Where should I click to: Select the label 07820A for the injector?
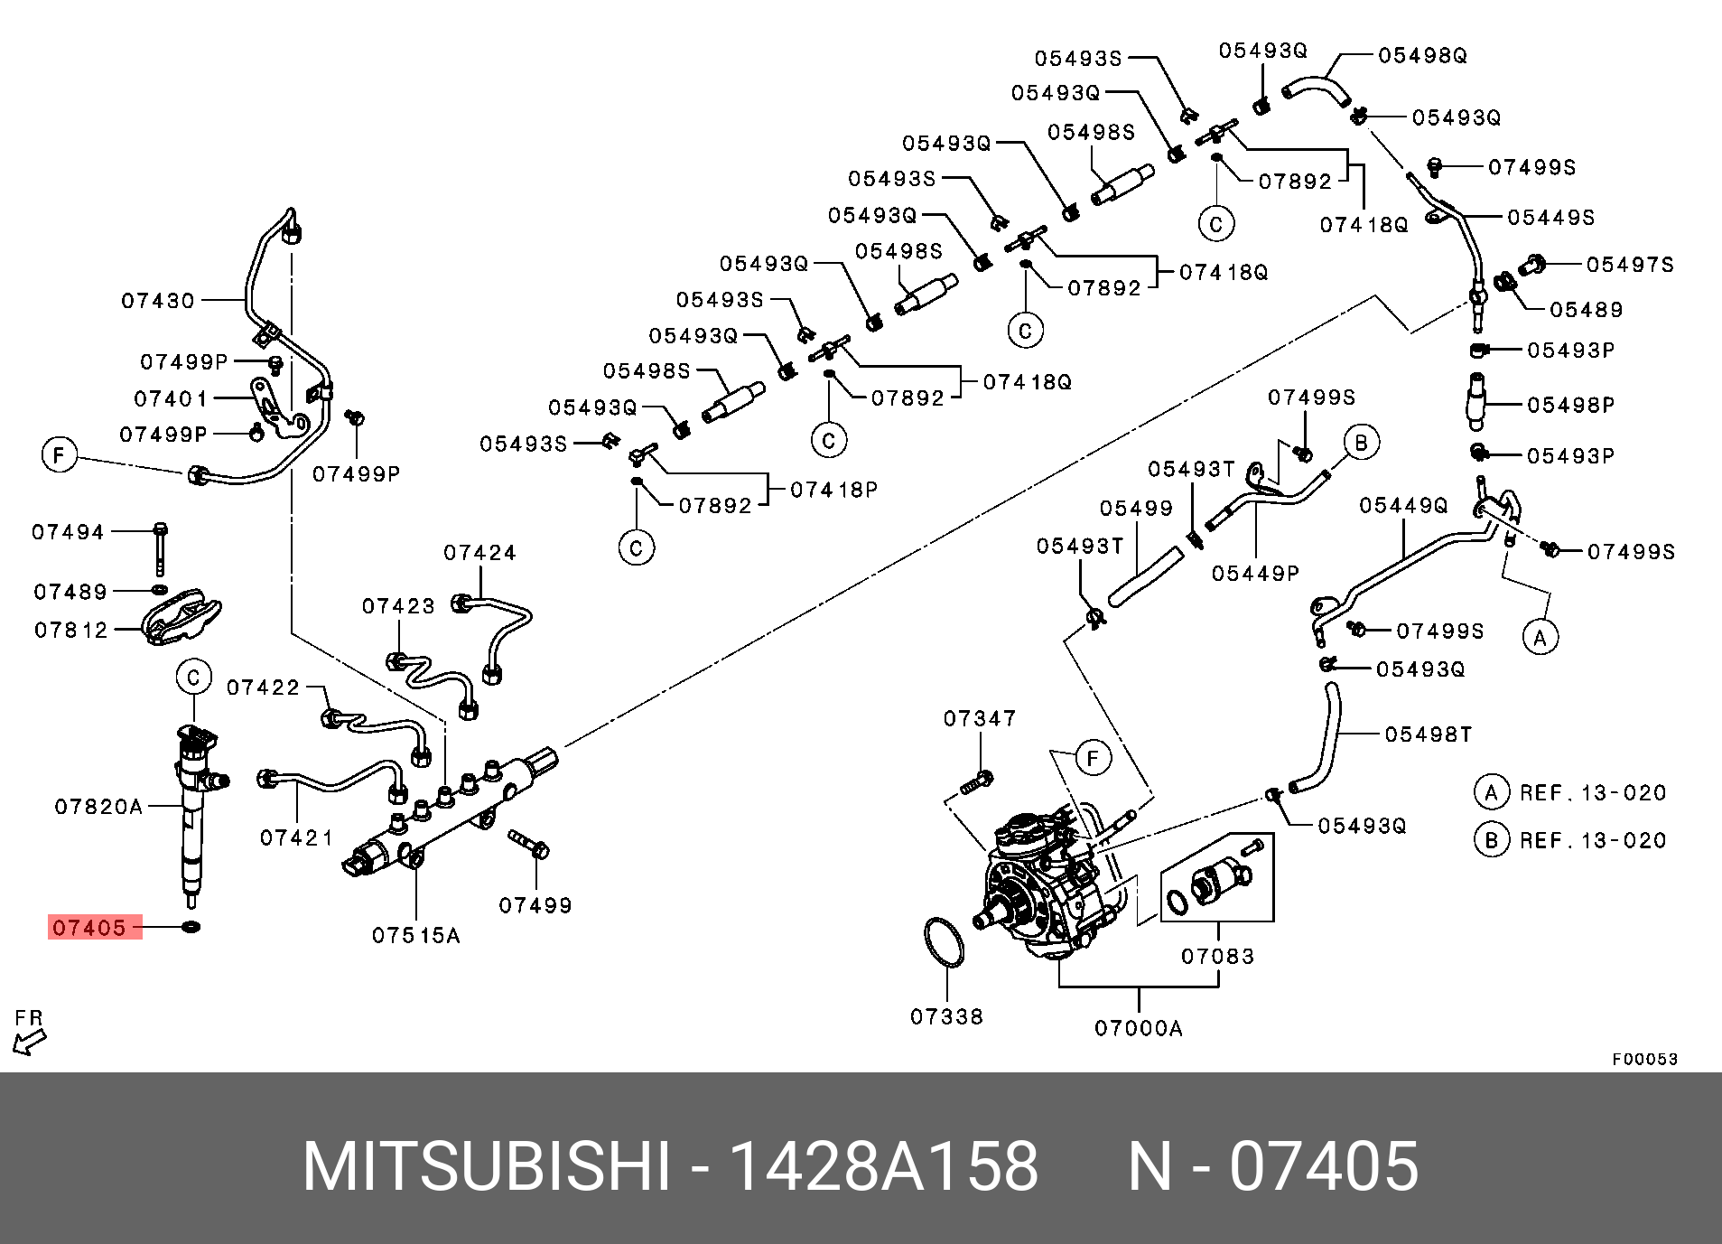coord(98,806)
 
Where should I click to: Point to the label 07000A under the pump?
coord(1138,1027)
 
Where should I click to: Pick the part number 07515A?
coord(416,936)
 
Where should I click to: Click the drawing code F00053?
coord(1644,1059)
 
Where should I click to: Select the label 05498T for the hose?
coord(1429,734)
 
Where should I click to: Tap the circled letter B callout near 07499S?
coord(1361,442)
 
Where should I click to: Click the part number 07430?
coord(159,300)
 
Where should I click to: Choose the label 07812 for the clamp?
coord(71,630)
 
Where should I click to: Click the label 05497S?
coord(1630,265)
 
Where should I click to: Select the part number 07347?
coord(980,718)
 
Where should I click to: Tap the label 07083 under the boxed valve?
coord(1217,956)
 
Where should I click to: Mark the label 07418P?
coord(833,490)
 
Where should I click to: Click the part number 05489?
coord(1587,310)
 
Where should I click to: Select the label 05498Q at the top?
coord(1422,55)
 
